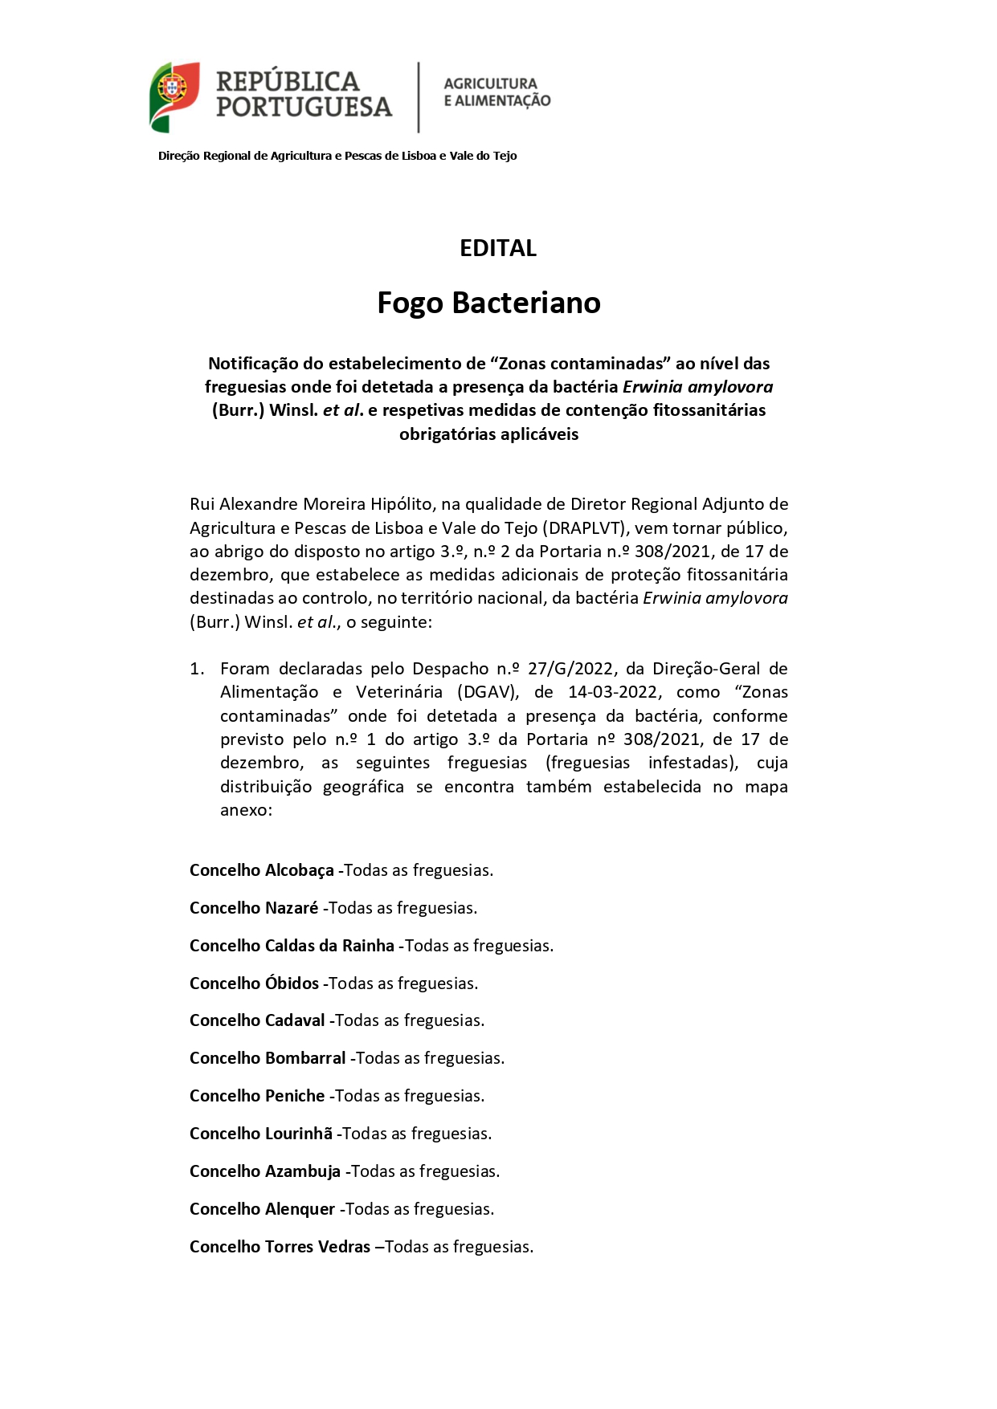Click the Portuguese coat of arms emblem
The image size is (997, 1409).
(174, 96)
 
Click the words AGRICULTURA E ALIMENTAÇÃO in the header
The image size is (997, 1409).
(496, 92)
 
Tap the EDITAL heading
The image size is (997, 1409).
(497, 248)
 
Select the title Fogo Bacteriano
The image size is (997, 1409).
(488, 303)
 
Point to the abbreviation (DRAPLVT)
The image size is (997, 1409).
(585, 528)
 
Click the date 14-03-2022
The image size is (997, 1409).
(612, 692)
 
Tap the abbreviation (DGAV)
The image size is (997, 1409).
(486, 692)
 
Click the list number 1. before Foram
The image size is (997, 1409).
(197, 669)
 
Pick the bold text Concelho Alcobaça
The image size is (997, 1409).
(261, 870)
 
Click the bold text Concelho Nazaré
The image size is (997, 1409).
(254, 908)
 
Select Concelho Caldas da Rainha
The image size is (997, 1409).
(292, 946)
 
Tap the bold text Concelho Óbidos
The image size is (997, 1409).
(254, 983)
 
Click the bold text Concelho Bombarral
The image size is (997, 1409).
(268, 1058)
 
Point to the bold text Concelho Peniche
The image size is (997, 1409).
(257, 1096)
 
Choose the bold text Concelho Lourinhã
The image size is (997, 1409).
(260, 1134)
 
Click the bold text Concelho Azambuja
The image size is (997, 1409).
(265, 1171)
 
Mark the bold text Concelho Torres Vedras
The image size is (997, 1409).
(280, 1247)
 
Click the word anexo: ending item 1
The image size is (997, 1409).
(246, 810)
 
